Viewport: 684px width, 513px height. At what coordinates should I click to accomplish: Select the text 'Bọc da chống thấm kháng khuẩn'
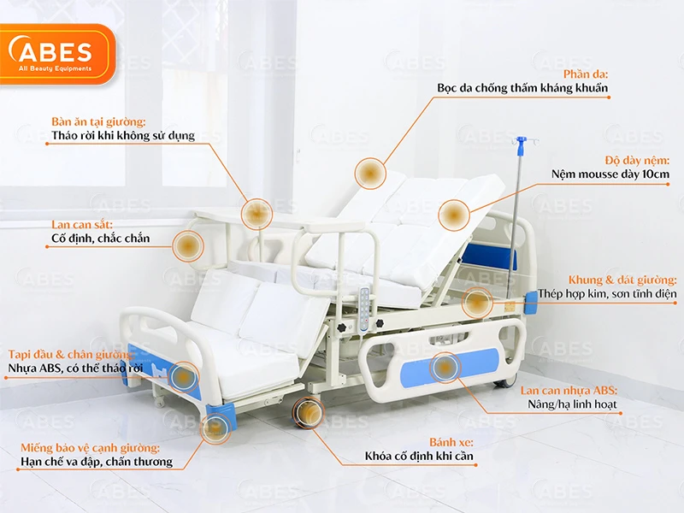[x=522, y=88]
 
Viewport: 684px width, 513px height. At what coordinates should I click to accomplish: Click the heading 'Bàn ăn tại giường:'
[x=98, y=121]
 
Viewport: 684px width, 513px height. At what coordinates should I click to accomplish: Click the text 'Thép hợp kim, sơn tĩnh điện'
[x=607, y=294]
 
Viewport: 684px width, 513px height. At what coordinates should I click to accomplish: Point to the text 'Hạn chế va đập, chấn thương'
[x=97, y=463]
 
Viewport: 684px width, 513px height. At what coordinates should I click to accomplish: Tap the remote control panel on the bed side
[x=366, y=309]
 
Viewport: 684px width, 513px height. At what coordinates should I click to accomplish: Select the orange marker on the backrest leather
[x=370, y=174]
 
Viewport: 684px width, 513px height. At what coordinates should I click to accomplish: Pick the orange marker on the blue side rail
[x=444, y=368]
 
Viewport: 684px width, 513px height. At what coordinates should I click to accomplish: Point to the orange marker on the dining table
[x=256, y=214]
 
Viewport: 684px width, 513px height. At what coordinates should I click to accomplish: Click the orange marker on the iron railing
[x=188, y=246]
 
